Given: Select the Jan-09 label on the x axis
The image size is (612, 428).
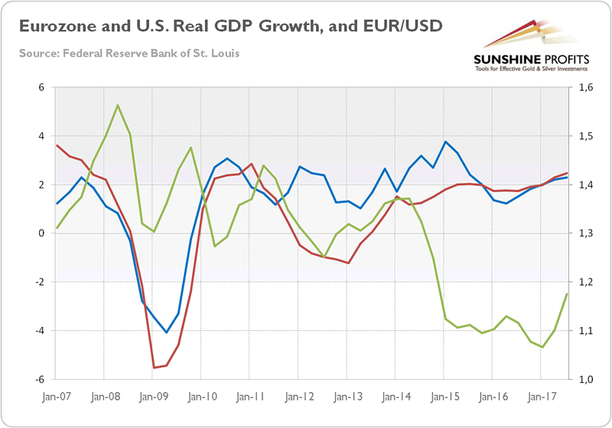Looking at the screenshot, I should (152, 398).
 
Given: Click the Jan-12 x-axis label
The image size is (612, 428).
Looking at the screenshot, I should (298, 398).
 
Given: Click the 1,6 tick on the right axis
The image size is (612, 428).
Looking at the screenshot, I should (586, 87).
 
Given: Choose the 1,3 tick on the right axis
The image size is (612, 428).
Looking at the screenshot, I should (586, 234).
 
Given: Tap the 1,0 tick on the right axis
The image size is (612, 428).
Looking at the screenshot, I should (586, 379).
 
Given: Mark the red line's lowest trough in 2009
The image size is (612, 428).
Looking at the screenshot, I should (154, 368).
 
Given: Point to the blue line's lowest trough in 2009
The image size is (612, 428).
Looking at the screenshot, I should (166, 332).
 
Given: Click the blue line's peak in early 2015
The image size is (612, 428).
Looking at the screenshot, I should (445, 142).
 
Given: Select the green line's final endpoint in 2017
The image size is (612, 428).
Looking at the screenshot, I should (567, 294).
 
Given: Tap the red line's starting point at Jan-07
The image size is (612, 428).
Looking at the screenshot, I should (57, 145).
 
